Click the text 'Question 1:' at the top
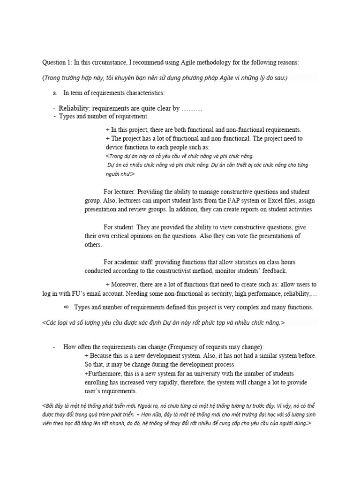58,62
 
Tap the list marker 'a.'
55,93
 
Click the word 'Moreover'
125,285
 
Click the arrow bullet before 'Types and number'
66,307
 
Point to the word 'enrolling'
97,382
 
